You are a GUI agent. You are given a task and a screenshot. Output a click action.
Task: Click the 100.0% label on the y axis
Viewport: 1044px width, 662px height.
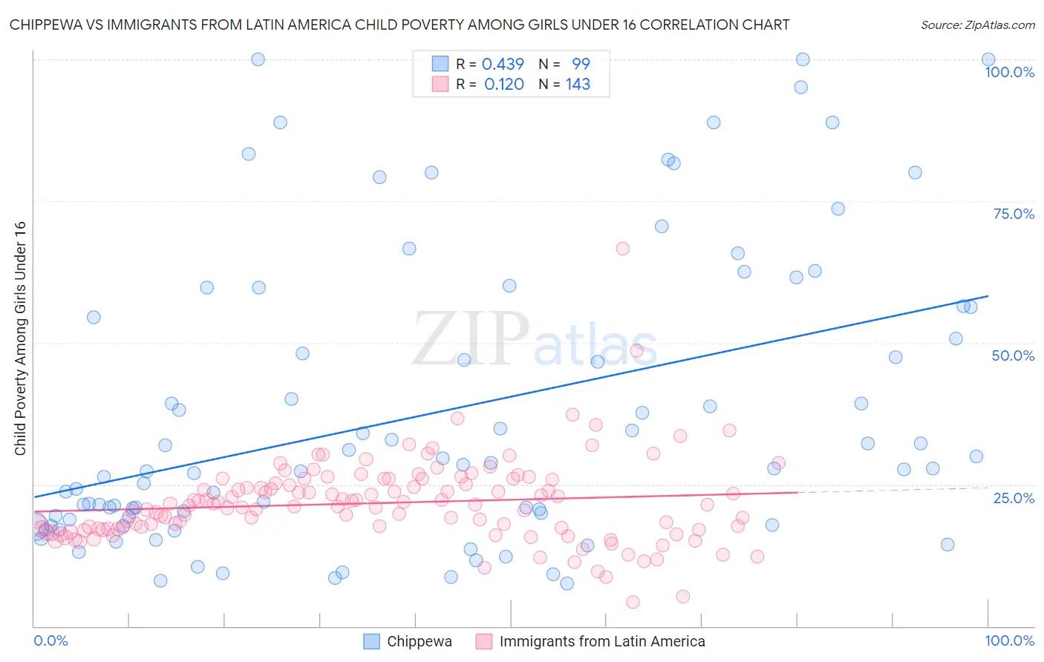[x=1009, y=72]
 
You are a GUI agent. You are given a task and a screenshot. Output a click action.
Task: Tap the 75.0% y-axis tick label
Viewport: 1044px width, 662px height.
[x=1014, y=214]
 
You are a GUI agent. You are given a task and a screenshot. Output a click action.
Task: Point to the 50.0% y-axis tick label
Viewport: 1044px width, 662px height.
[x=1013, y=355]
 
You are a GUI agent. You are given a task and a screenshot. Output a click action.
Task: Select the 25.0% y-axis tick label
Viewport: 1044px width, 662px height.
[x=1014, y=498]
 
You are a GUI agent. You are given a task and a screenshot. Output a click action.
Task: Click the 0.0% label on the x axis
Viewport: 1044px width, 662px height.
[x=50, y=640]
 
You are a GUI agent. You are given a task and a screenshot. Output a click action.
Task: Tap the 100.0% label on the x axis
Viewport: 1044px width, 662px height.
[x=1009, y=640]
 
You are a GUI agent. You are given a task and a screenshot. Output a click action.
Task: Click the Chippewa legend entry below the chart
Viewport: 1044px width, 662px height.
[x=419, y=641]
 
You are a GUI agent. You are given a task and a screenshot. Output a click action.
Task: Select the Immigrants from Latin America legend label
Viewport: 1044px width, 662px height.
[x=601, y=641]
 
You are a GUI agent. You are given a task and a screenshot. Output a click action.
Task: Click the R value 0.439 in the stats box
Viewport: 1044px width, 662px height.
[x=503, y=64]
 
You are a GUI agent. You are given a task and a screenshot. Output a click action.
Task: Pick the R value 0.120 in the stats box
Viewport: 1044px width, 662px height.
[x=503, y=85]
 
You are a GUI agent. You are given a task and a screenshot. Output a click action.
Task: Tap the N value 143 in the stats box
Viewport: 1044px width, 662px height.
[x=578, y=85]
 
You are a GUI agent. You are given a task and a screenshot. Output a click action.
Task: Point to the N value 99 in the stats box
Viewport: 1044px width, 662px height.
[x=581, y=64]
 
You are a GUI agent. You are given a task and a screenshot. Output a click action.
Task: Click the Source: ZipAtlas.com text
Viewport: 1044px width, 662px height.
[x=977, y=24]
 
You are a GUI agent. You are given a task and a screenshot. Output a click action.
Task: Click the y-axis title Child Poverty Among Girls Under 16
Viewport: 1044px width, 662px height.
[x=20, y=338]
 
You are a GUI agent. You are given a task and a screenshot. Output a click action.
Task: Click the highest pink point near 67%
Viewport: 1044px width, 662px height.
[x=622, y=249]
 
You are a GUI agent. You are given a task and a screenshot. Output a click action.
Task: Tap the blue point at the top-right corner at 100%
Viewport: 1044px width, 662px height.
[x=988, y=59]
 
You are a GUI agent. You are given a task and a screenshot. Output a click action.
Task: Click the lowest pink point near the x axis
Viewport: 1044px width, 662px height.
[x=633, y=602]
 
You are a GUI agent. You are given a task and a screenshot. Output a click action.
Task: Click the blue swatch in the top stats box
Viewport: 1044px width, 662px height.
[x=440, y=64]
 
